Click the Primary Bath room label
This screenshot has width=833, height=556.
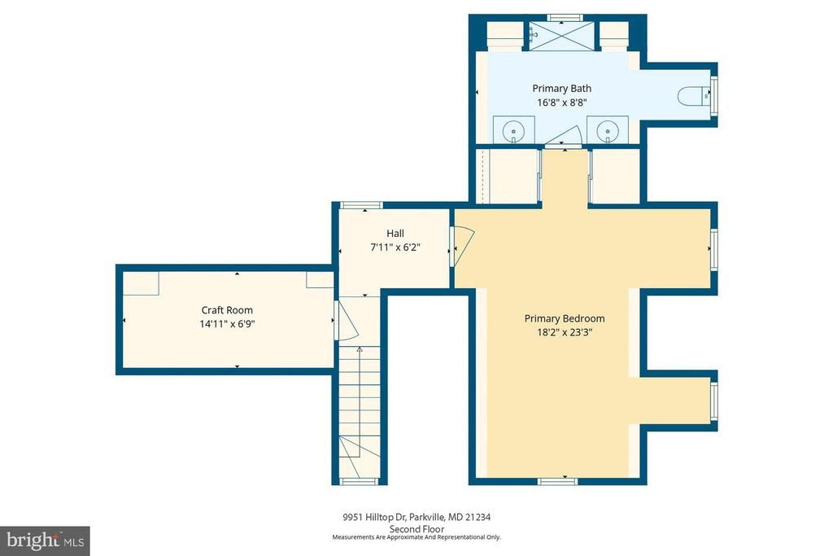coord(561,88)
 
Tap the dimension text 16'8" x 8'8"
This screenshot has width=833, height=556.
coord(561,103)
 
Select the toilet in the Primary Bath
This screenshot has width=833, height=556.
coord(693,97)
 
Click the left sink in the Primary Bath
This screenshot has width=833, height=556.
coord(514,130)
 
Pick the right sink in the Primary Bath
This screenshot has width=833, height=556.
coord(606,130)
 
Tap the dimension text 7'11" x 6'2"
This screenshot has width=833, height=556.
coord(395,247)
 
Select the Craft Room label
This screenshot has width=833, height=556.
coord(227,309)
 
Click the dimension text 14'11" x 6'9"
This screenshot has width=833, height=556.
coord(227,323)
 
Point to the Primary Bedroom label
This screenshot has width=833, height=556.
coord(564,318)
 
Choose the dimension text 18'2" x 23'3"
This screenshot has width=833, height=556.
coord(564,332)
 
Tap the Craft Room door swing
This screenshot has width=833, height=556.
coord(345,321)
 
